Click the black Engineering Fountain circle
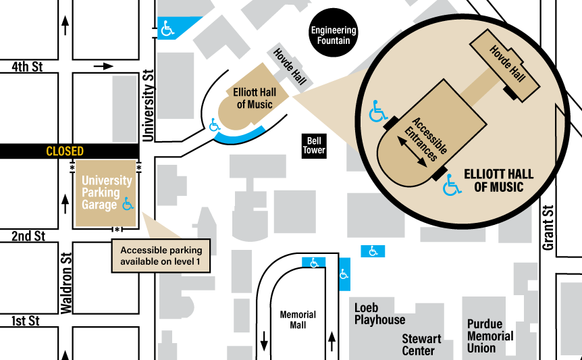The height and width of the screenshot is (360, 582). (334, 32)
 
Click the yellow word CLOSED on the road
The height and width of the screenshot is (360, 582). (65, 151)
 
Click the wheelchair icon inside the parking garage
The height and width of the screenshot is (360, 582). (128, 203)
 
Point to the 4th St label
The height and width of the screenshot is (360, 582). (28, 68)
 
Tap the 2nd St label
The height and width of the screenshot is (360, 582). (28, 236)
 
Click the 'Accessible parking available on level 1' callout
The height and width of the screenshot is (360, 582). (161, 255)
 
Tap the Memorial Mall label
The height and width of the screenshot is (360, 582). (298, 319)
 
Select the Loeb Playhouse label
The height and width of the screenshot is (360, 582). (380, 313)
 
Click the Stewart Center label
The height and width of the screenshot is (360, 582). (421, 344)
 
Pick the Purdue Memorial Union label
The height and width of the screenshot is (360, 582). (490, 336)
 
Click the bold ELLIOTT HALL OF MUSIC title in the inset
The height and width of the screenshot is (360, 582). (498, 180)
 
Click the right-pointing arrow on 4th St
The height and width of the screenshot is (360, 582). (104, 66)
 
